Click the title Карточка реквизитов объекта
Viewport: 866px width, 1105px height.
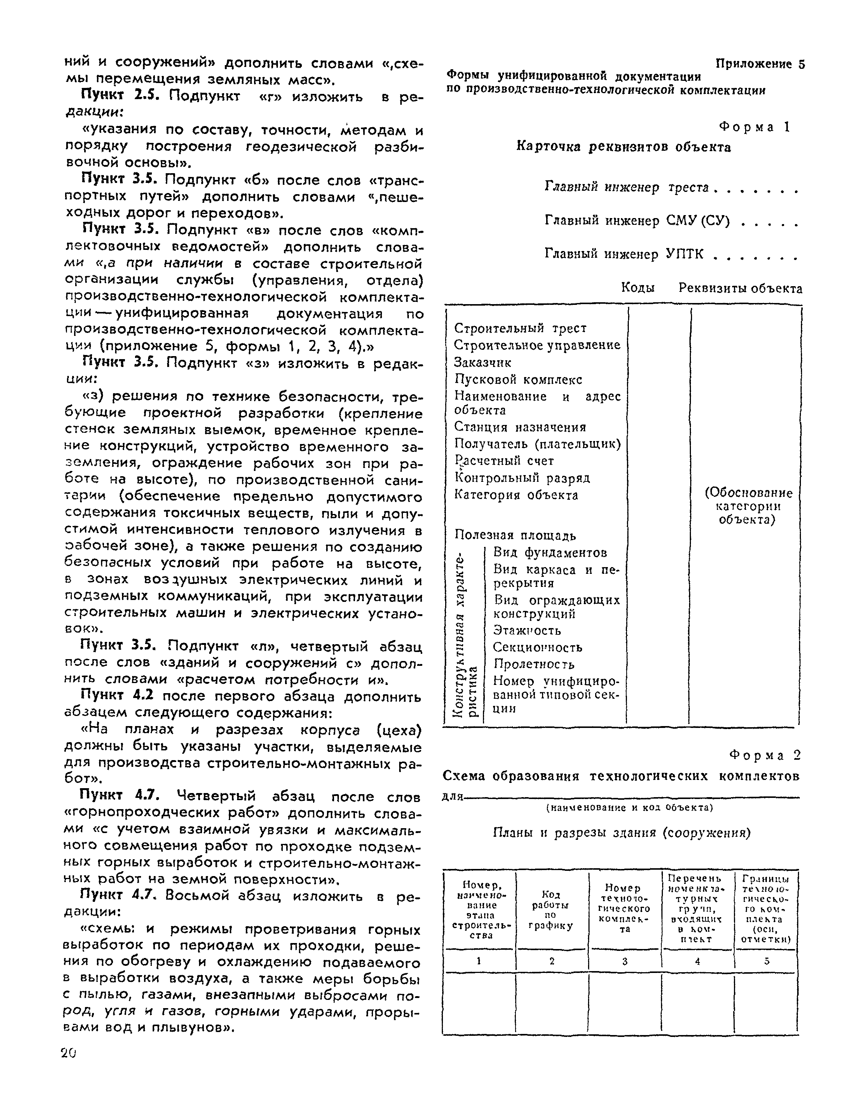(x=623, y=147)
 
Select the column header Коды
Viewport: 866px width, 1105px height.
(x=637, y=288)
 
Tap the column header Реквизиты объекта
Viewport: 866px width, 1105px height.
(x=740, y=288)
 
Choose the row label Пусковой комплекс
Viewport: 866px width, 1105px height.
(x=518, y=380)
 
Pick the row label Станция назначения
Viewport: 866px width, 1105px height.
(x=520, y=427)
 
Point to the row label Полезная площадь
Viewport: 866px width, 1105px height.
(x=515, y=535)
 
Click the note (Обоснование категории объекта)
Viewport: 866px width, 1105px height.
(x=748, y=506)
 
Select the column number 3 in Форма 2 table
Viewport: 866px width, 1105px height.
(x=625, y=961)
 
